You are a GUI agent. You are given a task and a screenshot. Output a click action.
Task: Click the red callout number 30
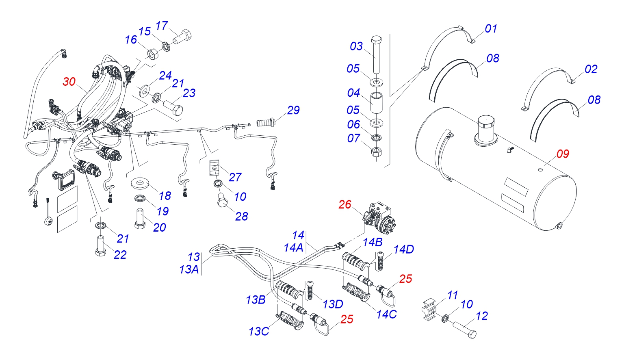coord(69,82)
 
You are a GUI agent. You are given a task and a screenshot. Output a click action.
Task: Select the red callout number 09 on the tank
coord(563,154)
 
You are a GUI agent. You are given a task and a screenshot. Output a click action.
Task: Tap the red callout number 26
coord(344,204)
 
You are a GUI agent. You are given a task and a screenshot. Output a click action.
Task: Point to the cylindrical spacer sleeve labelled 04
coord(377,104)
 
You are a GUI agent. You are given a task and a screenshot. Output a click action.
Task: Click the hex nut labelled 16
coord(152,53)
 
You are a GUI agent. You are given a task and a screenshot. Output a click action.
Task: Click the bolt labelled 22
coord(100,246)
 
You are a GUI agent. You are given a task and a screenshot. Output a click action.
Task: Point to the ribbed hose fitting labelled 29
coord(266,121)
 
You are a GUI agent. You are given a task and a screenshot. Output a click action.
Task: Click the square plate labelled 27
coord(215,167)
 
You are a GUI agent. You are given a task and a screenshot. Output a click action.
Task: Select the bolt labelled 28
coord(221,201)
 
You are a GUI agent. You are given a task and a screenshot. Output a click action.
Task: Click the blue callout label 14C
coord(386,314)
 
